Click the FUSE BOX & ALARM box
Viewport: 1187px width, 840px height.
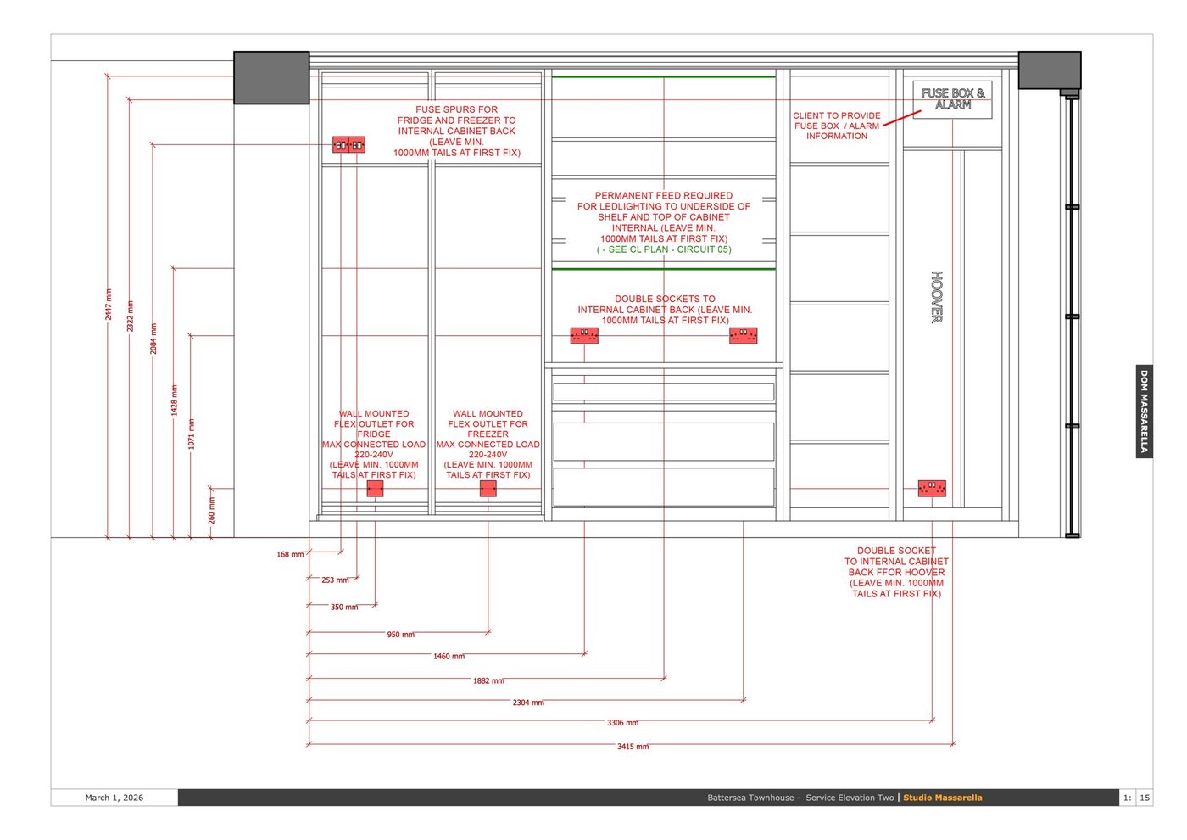[x=952, y=100]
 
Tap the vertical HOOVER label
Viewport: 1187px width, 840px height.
[x=937, y=297]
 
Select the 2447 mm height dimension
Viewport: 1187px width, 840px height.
[x=109, y=305]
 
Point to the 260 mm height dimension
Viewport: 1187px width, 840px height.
[x=211, y=510]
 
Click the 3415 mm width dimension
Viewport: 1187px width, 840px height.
[x=633, y=746]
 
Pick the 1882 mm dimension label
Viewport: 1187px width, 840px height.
[x=488, y=680]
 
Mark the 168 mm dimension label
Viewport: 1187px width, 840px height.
[x=290, y=554]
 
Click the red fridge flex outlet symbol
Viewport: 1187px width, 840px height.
[x=375, y=489]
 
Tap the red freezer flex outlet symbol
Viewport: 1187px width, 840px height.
[x=488, y=489]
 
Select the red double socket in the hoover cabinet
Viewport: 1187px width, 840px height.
[x=932, y=489]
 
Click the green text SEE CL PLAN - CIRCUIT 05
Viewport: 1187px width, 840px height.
[x=664, y=249]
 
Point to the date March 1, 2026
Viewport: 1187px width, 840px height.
[x=114, y=798]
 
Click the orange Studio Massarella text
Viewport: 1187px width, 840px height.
[x=943, y=798]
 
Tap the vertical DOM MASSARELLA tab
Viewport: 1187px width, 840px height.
[x=1144, y=412]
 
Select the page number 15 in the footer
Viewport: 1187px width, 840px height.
[x=1145, y=798]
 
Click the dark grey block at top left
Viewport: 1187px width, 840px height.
[x=271, y=77]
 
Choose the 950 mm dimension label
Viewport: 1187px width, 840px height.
[x=400, y=635]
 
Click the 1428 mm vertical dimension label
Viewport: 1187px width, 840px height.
[x=175, y=400]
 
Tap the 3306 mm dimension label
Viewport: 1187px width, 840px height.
[x=622, y=722]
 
